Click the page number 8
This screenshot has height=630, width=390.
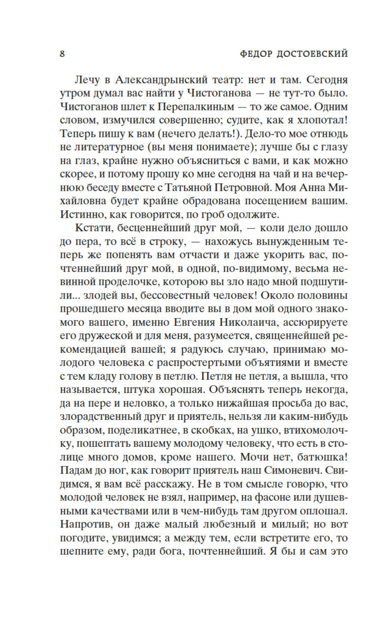coord(62,54)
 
